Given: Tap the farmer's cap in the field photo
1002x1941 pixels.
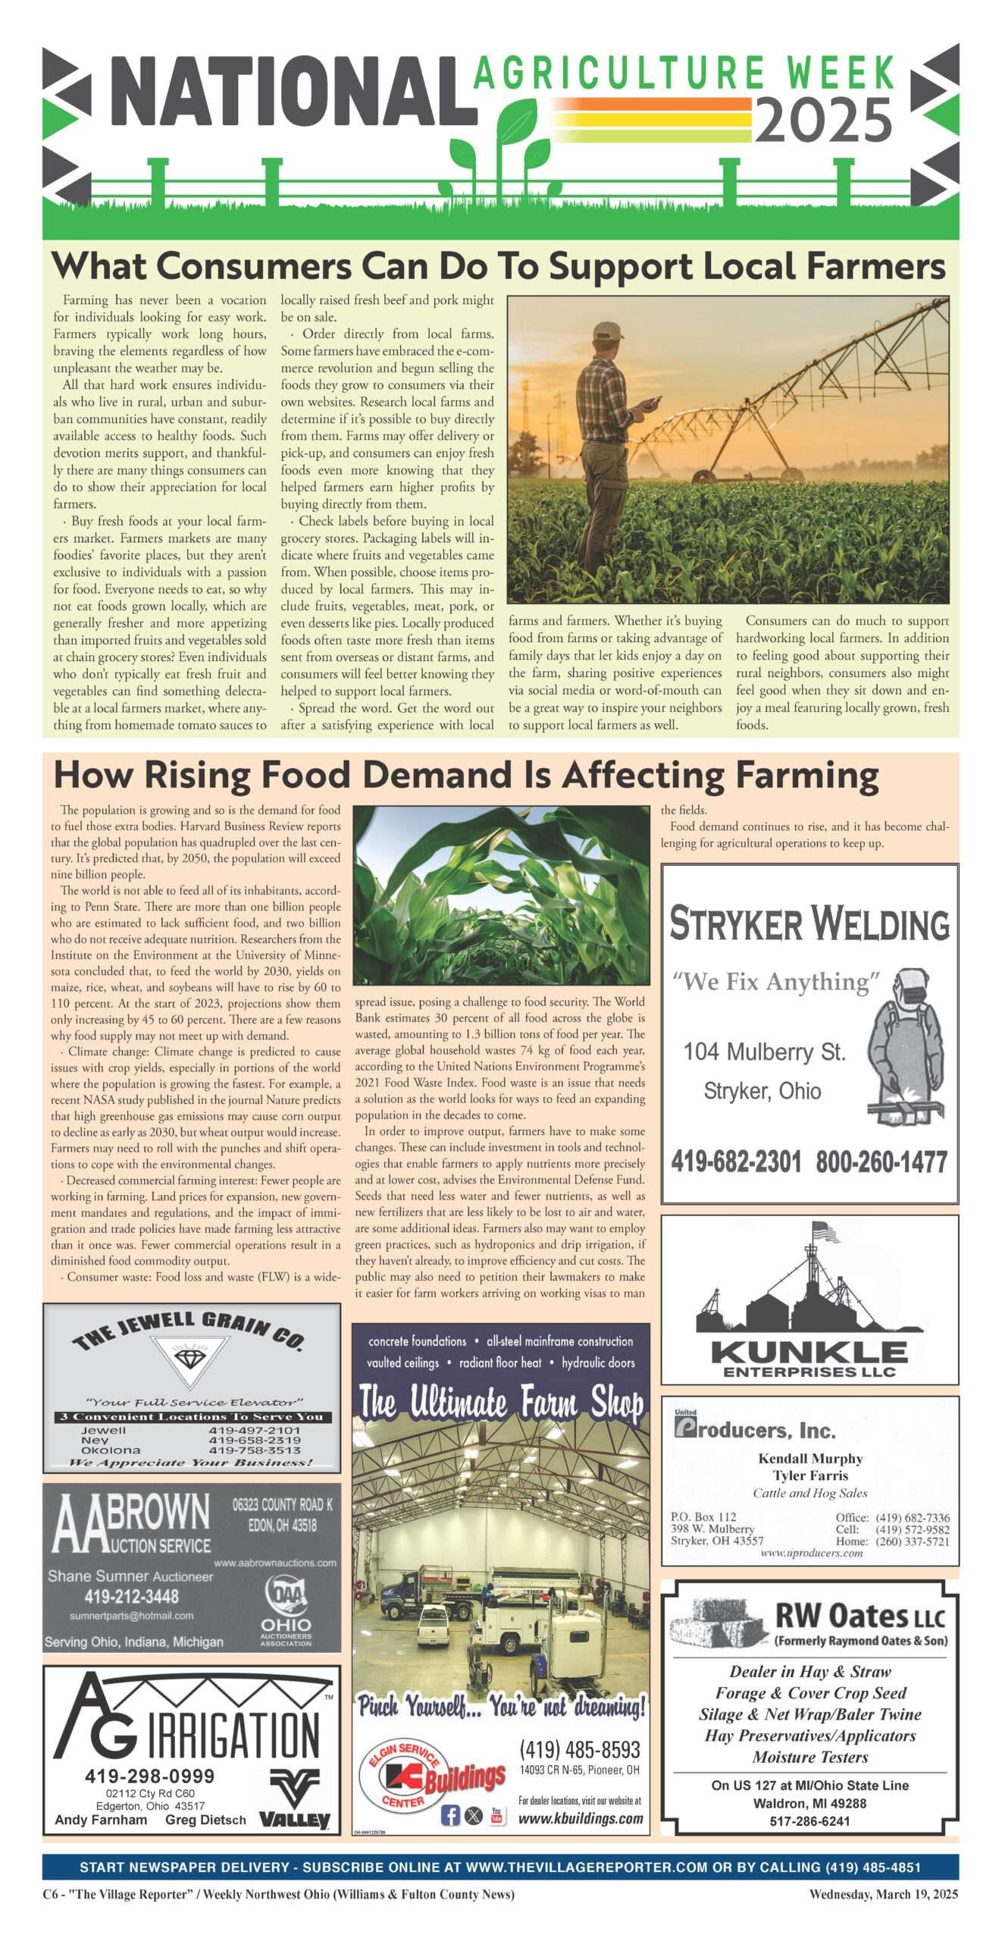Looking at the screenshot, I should pyautogui.click(x=608, y=331).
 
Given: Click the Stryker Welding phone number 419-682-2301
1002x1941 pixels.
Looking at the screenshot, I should pyautogui.click(x=735, y=1162).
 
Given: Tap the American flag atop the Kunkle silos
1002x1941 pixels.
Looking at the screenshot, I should pyautogui.click(x=825, y=1232).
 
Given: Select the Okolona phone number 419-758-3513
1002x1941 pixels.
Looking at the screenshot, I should pyautogui.click(x=255, y=1450).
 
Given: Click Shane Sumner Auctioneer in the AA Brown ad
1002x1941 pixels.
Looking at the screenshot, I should pyautogui.click(x=130, y=1576).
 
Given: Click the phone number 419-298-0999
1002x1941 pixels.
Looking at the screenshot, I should pyautogui.click(x=149, y=1776).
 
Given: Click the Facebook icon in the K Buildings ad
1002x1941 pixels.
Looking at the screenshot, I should pyautogui.click(x=450, y=1815).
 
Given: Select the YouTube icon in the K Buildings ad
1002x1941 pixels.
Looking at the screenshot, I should pyautogui.click(x=496, y=1815).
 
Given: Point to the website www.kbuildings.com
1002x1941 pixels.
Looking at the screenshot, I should pyautogui.click(x=581, y=1818).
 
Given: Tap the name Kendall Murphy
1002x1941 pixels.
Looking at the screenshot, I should pyautogui.click(x=810, y=1458).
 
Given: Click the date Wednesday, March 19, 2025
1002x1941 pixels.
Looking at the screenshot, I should pyautogui.click(x=883, y=1894).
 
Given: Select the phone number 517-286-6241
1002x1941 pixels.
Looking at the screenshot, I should pyautogui.click(x=809, y=1820).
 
